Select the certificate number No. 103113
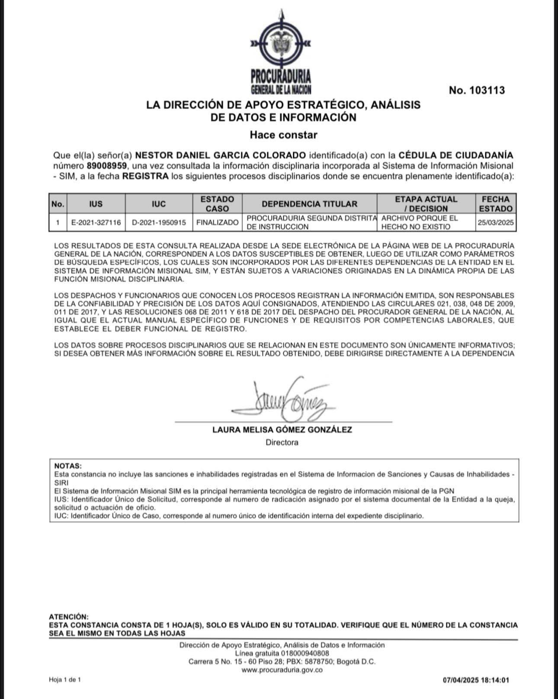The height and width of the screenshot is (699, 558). [x=477, y=90]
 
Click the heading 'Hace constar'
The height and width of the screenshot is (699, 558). [x=283, y=135]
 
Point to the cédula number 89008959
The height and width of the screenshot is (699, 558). [x=106, y=166]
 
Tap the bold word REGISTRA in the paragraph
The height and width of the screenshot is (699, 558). [x=145, y=176]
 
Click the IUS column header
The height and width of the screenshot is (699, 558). [x=96, y=204]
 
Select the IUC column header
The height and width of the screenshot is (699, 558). [x=159, y=204]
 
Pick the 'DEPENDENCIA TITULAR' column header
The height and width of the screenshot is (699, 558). [x=309, y=204]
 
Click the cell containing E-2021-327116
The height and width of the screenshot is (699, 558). [x=96, y=223]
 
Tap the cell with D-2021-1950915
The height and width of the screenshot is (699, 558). [x=159, y=223]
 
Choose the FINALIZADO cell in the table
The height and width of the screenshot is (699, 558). [x=217, y=223]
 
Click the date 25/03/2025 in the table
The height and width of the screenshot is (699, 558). [x=496, y=223]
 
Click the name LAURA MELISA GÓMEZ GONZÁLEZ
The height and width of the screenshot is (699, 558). [x=282, y=430]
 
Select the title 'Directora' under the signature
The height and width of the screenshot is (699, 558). [x=282, y=443]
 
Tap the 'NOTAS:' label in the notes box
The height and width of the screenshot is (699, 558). [x=68, y=466]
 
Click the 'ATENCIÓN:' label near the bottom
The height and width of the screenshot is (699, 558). [x=69, y=617]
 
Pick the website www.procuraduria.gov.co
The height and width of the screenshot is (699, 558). [x=282, y=670]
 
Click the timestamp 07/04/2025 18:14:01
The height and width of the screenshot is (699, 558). [x=476, y=680]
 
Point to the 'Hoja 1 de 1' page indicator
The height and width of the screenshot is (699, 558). [x=65, y=680]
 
